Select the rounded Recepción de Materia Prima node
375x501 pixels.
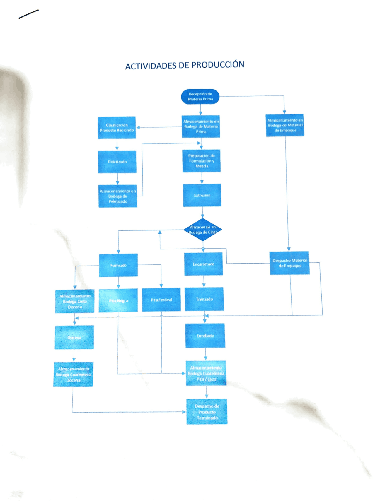[x=200, y=97]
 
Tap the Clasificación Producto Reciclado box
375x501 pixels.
[x=117, y=128]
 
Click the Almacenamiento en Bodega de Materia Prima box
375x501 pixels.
[x=201, y=126]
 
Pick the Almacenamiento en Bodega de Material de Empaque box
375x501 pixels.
[x=285, y=125]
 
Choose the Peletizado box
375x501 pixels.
[x=117, y=162]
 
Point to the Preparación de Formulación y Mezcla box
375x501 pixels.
[x=201, y=161]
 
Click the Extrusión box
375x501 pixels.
[x=202, y=195]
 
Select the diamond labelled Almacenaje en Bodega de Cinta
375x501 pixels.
[x=203, y=230]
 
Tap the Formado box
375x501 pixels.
[x=118, y=265]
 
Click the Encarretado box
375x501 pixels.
[x=203, y=264]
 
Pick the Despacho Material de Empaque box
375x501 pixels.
[x=289, y=263]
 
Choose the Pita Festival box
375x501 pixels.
[x=161, y=300]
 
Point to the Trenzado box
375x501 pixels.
[x=204, y=299]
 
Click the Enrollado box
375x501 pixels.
[x=205, y=336]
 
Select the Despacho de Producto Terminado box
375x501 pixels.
[x=207, y=412]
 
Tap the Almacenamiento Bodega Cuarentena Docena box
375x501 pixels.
[x=73, y=375]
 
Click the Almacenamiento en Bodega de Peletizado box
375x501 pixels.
[x=118, y=196]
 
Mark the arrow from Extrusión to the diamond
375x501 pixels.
[x=202, y=212]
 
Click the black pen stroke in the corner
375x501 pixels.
[x=29, y=14]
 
